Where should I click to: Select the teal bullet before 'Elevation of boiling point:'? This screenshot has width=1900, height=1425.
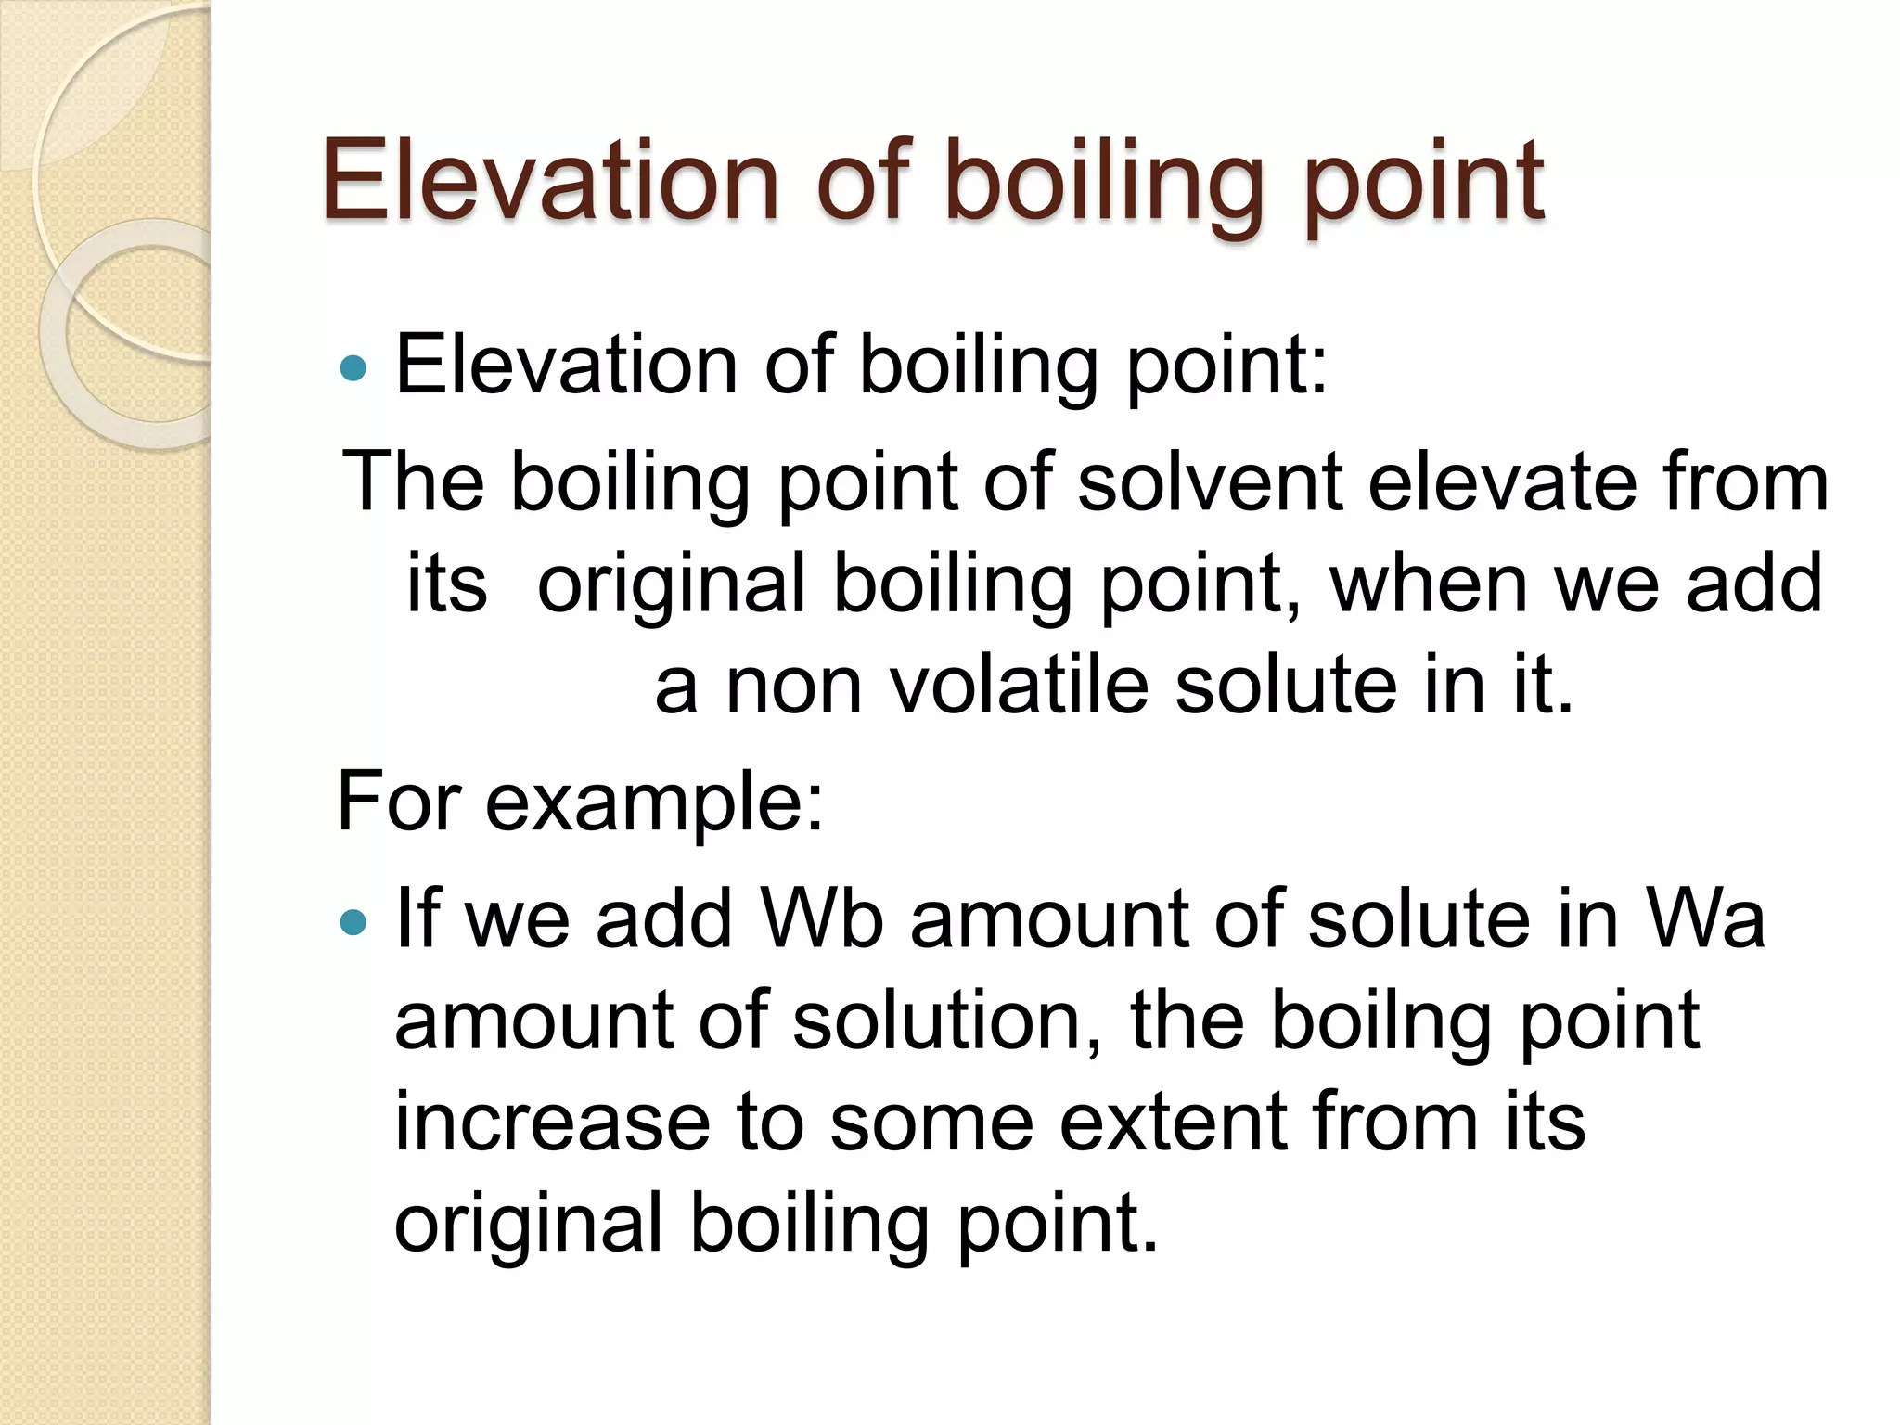tap(353, 368)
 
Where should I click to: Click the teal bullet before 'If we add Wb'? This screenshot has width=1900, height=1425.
tap(353, 922)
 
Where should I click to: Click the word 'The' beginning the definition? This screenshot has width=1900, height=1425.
tap(414, 481)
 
